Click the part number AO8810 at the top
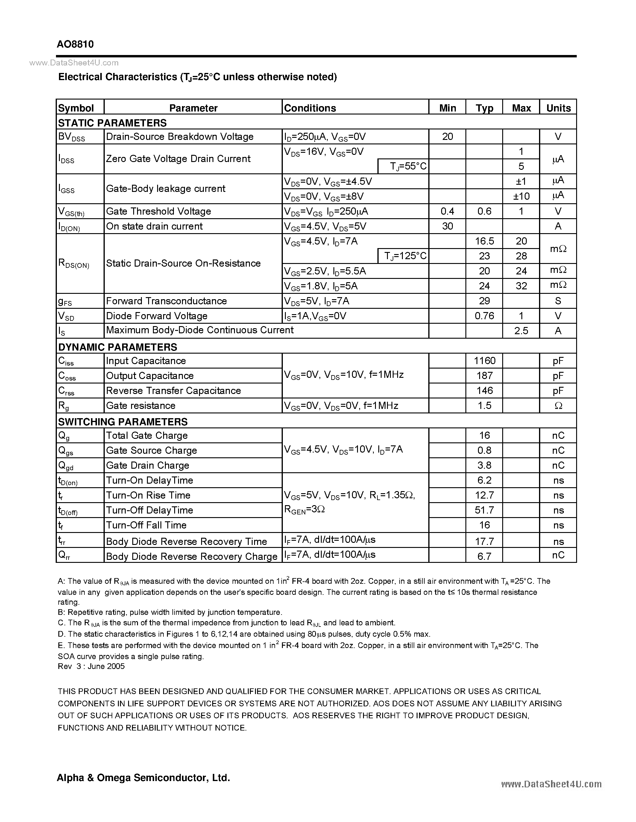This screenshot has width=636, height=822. [x=75, y=45]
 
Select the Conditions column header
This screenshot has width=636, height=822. [x=310, y=108]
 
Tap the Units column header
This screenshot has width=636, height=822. [x=558, y=108]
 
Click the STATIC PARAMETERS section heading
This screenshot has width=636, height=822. [x=112, y=123]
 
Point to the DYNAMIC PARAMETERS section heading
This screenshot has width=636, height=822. [x=118, y=347]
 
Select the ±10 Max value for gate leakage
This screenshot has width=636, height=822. [x=521, y=196]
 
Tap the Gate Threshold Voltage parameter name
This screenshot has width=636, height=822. [x=158, y=211]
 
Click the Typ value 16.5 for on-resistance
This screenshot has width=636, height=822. [x=484, y=241]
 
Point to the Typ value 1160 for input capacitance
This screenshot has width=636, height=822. [x=485, y=360]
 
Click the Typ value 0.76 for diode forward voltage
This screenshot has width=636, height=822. [x=484, y=316]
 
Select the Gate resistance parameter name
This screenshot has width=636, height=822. [x=141, y=405]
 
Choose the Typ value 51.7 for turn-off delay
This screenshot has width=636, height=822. [x=484, y=510]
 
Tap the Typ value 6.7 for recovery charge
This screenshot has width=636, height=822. [x=484, y=556]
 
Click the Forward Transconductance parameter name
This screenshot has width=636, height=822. [x=166, y=301]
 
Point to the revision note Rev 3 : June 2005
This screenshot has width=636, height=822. [x=91, y=666]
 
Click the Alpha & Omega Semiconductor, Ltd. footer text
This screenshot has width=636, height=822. [x=143, y=777]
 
